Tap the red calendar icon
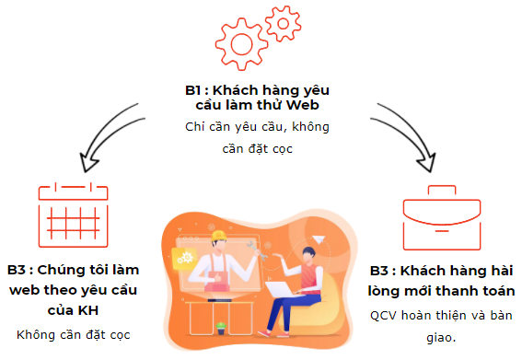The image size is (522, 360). coord(74,215)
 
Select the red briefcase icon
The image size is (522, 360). coord(442,218)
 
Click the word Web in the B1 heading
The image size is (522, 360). coord(303,105)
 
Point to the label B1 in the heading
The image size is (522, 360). coord(193,90)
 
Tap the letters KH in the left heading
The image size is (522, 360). coord(87,310)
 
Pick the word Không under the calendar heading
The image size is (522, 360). coord(36,335)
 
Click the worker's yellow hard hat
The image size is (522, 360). coord(219,236)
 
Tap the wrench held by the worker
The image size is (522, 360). coord(257,250)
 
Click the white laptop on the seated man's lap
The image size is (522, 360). coord(282,289)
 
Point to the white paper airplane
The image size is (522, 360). coord(319,239)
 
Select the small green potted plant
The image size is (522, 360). coord(221,328)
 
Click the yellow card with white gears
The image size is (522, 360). coord(184,258)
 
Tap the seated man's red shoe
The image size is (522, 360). coord(264,333)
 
